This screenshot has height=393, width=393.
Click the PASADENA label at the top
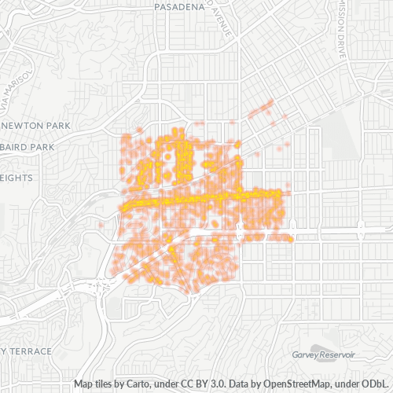[180, 6]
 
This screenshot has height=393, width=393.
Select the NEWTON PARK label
[36, 126]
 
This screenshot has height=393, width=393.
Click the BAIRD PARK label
[28, 147]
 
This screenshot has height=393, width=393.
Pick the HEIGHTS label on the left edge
[17, 178]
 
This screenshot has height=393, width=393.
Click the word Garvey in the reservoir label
[306, 355]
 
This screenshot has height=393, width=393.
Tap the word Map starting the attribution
[85, 384]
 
